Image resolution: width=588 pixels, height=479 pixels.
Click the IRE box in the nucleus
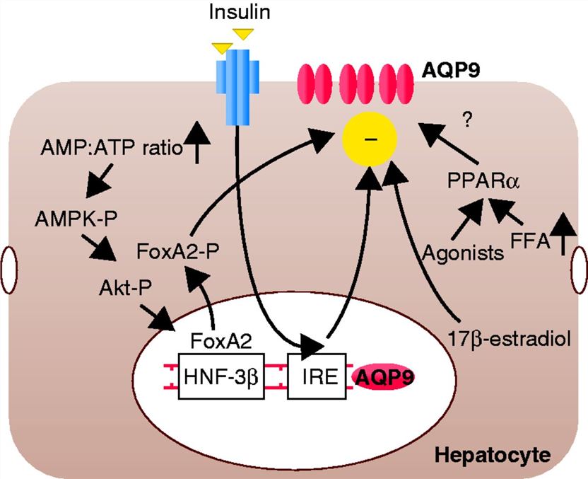pos(317,379)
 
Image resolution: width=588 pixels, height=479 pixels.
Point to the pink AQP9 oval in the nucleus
pos(382,379)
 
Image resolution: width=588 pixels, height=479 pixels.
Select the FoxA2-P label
pos(175,251)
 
